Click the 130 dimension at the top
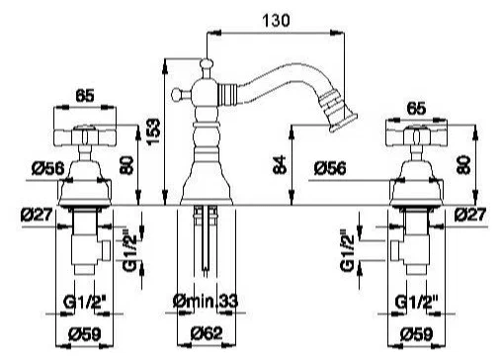pyautogui.click(x=276, y=21)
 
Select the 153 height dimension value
pyautogui.click(x=153, y=132)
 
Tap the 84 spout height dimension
pyautogui.click(x=280, y=165)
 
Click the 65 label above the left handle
pyautogui.click(x=85, y=96)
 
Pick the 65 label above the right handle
pyautogui.click(x=416, y=109)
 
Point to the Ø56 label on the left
pyautogui.click(x=47, y=169)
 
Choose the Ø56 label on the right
pyautogui.click(x=330, y=168)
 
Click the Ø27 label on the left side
pyautogui.click(x=37, y=216)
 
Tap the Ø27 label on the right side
pyautogui.click(x=470, y=215)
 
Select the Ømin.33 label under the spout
pyautogui.click(x=205, y=301)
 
